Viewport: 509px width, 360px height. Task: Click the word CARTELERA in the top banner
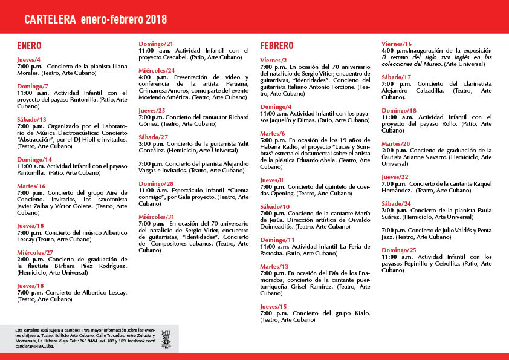pos(50,19)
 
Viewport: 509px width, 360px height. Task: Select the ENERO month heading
pos(30,46)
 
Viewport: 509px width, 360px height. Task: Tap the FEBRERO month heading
pos(277,46)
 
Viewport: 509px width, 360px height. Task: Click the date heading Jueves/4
pos(29,59)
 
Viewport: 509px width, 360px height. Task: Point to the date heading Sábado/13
pos(32,119)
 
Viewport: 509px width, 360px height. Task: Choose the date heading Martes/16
pos(31,186)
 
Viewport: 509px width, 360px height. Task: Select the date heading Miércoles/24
pos(157,71)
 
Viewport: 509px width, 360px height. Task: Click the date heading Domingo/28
pos(156,183)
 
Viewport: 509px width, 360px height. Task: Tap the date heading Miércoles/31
pos(157,217)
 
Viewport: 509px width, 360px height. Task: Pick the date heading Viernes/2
pos(274,60)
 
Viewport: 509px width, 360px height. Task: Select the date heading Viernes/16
pos(397,44)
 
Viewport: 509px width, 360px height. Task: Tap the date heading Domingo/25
pos(398,250)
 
